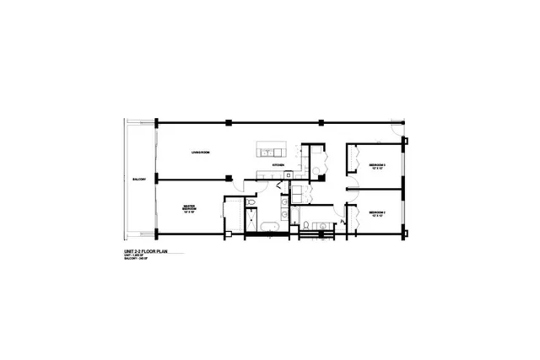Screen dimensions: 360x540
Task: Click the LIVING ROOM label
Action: (x=200, y=152)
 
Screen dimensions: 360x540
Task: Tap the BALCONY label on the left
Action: (x=139, y=179)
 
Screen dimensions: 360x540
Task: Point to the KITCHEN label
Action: (x=277, y=165)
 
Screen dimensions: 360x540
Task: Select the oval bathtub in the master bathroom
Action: (x=267, y=228)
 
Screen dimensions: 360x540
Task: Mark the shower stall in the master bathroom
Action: (x=251, y=223)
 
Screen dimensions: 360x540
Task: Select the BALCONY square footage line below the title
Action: (x=137, y=261)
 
